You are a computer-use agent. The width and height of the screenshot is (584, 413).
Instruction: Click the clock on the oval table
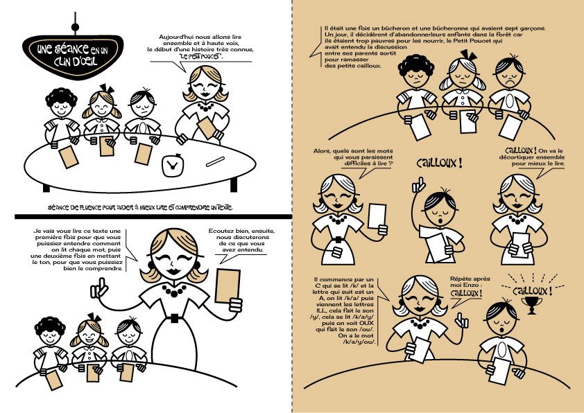pyautogui.click(x=173, y=165)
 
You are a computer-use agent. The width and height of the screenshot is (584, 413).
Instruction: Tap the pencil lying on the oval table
pyautogui.click(x=215, y=161)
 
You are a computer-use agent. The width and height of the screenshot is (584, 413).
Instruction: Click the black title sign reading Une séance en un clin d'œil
pyautogui.click(x=73, y=56)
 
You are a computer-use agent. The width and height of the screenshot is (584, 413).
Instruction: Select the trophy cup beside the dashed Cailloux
pyautogui.click(x=532, y=305)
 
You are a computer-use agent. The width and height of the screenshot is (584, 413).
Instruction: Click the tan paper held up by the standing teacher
pyautogui.click(x=227, y=285)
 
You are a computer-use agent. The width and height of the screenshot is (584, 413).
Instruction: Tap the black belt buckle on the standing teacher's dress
pyautogui.click(x=174, y=318)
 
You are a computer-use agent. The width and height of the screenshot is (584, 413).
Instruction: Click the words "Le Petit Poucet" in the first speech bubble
pyautogui.click(x=201, y=57)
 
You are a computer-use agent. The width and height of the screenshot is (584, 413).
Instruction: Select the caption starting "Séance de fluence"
pyautogui.click(x=140, y=207)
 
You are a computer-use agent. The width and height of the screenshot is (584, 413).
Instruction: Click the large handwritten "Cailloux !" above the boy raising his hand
pyautogui.click(x=440, y=163)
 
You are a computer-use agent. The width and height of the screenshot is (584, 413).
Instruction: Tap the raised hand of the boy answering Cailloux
pyautogui.click(x=419, y=184)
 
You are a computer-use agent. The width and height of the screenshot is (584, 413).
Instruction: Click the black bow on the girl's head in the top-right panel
pyautogui.click(x=469, y=55)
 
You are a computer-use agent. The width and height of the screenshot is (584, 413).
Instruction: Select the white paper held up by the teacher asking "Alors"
pyautogui.click(x=377, y=216)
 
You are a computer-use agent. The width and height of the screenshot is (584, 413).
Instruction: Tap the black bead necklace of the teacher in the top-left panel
pyautogui.click(x=205, y=107)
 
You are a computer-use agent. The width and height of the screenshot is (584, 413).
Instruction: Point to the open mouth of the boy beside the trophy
pyautogui.click(x=501, y=330)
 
